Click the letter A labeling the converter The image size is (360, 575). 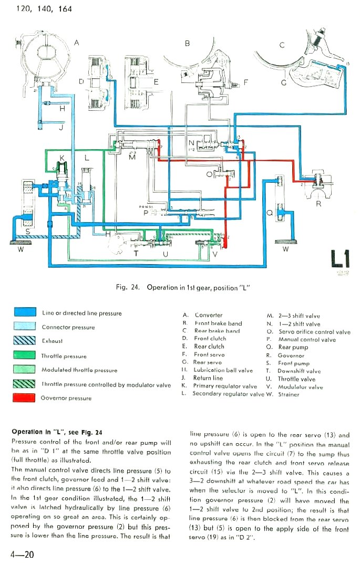pyautogui.click(x=77, y=43)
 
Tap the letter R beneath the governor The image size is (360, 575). pyautogui.click(x=318, y=204)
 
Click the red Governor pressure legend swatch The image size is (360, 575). pyautogui.click(x=24, y=398)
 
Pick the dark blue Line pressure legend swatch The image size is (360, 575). pyautogui.click(x=24, y=313)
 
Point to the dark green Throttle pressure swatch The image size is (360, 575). pyautogui.click(x=24, y=356)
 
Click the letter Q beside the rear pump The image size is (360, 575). pyautogui.click(x=269, y=213)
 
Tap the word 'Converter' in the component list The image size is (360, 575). pyautogui.click(x=209, y=315)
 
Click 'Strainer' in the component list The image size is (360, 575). pyautogui.click(x=289, y=394)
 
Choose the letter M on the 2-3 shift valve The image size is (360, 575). pyautogui.click(x=132, y=156)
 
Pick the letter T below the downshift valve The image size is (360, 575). pyautogui.click(x=137, y=254)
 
